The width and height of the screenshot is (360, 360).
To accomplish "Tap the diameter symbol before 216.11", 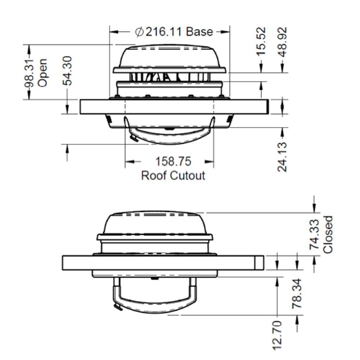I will pyautogui.click(x=139, y=32).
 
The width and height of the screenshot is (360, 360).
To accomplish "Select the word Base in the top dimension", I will pyautogui.click(x=199, y=32).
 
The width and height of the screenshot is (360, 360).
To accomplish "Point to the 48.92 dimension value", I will pyautogui.click(x=283, y=41).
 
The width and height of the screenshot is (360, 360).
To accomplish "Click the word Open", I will pyautogui.click(x=42, y=73).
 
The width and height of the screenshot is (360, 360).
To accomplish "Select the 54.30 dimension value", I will pyautogui.click(x=67, y=71).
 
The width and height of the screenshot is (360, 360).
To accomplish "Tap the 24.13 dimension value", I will pyautogui.click(x=283, y=157).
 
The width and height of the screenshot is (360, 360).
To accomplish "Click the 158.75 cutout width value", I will pyautogui.click(x=173, y=161).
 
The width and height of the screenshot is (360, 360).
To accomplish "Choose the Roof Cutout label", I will pyautogui.click(x=173, y=176).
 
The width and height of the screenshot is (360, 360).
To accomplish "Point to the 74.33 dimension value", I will pyautogui.click(x=314, y=235).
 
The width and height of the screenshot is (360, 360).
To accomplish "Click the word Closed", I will pyautogui.click(x=328, y=235).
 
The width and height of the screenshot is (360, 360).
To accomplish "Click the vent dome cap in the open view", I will pyautogui.click(x=170, y=57).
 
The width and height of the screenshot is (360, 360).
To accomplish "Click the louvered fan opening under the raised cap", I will pyautogui.click(x=169, y=77).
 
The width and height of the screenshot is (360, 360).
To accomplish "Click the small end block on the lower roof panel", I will pyautogui.click(x=259, y=263).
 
